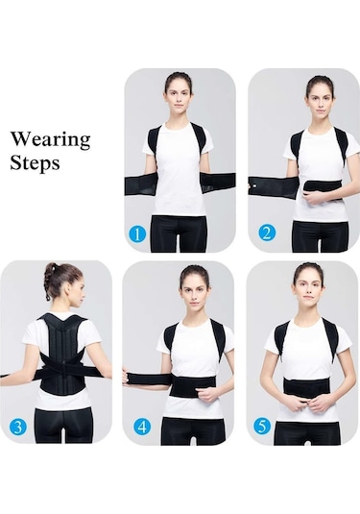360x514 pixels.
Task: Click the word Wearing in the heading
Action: [51, 140]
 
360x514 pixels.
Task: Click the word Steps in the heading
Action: [35, 162]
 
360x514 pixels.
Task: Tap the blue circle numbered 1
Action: [136, 234]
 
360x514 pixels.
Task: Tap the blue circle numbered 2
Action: [267, 233]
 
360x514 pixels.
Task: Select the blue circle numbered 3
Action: [18, 428]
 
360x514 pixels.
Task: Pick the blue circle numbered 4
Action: [142, 428]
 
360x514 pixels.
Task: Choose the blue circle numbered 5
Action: [262, 426]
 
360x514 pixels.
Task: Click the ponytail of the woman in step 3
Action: [51, 281]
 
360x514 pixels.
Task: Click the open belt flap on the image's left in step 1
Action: [141, 185]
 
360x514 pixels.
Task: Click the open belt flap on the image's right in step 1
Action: [218, 184]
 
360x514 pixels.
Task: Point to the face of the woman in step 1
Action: [177, 99]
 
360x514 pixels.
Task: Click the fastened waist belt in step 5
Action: [309, 387]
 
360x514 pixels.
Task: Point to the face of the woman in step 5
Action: [307, 291]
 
